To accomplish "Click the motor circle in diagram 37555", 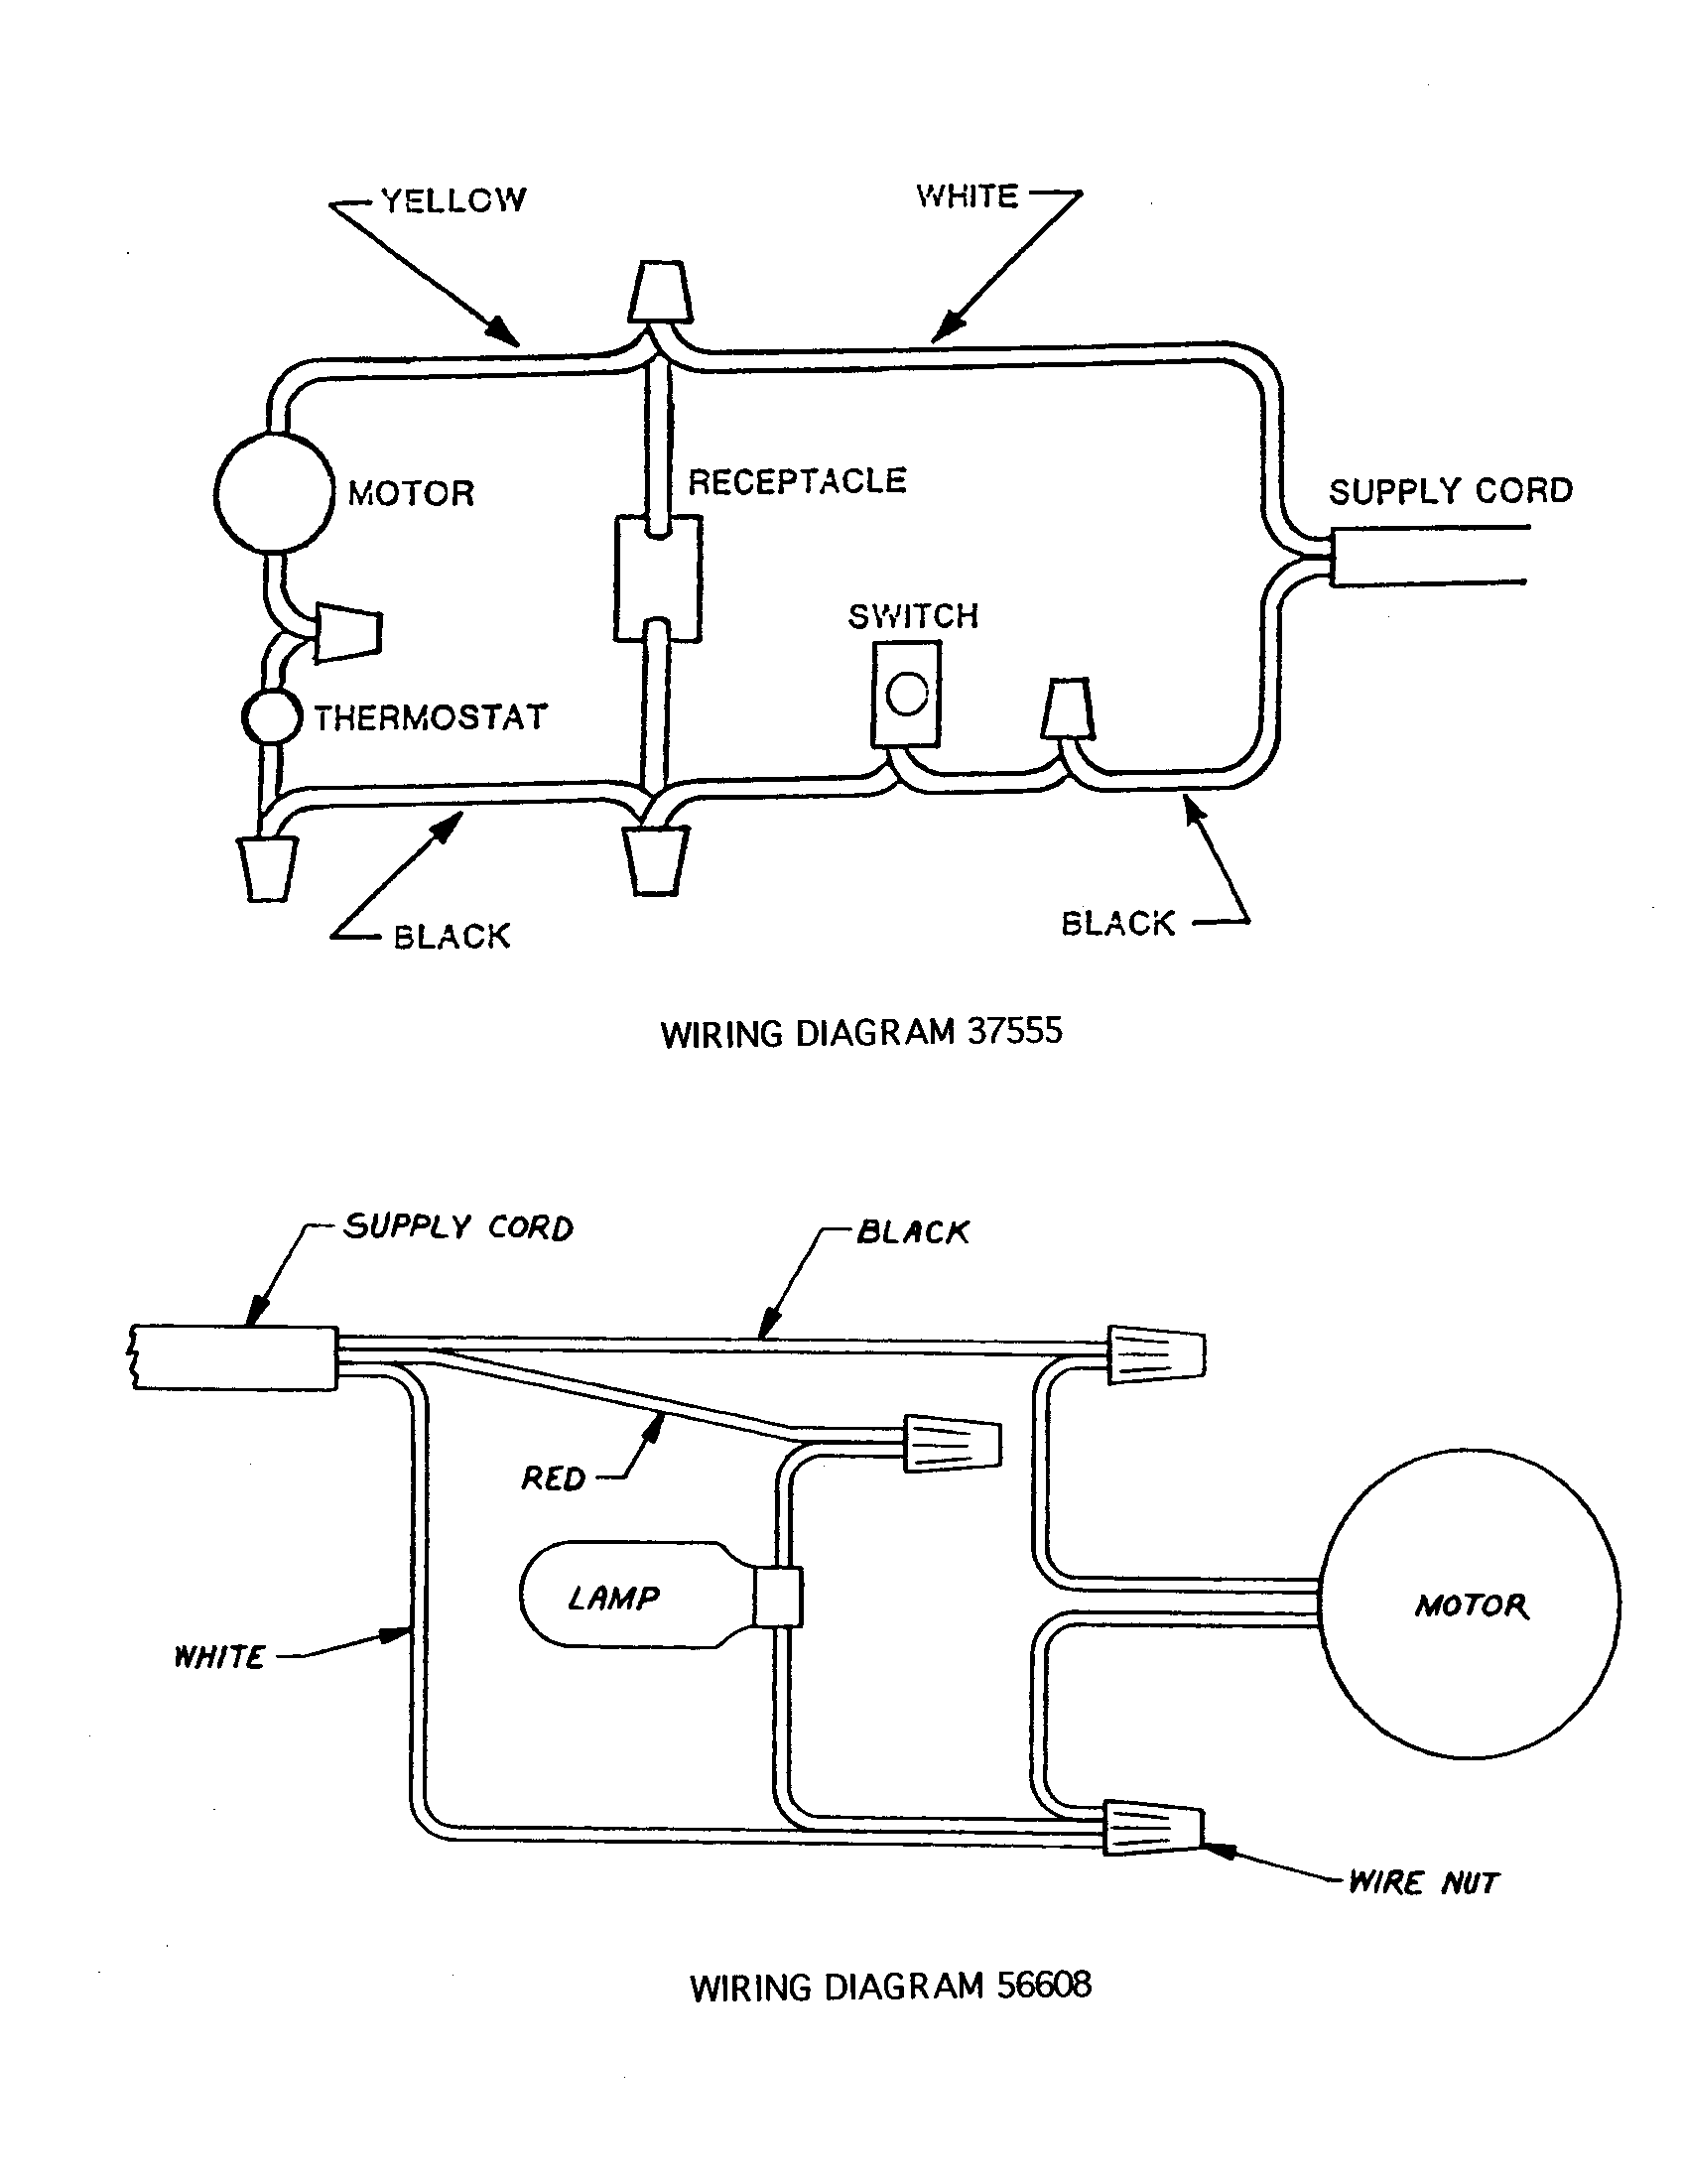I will click(274, 492).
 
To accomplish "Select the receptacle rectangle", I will click(657, 578).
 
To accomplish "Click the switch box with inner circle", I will click(905, 694).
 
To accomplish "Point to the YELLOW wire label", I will click(453, 199).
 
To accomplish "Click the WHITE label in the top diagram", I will click(967, 195).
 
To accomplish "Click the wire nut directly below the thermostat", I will click(267, 867).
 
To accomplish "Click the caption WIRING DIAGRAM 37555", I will click(860, 1033).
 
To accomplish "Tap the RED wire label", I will click(553, 1478).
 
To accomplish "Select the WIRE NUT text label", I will click(1423, 1883).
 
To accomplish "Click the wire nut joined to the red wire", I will click(952, 1444).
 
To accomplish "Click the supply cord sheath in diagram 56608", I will click(235, 1357).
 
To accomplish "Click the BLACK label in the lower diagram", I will click(913, 1231).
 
